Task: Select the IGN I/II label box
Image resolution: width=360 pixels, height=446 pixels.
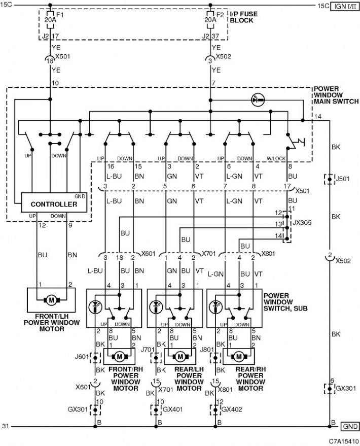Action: (x=345, y=6)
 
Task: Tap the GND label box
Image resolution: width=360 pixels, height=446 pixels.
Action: (x=350, y=426)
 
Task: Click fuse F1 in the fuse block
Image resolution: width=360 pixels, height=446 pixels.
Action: (x=50, y=20)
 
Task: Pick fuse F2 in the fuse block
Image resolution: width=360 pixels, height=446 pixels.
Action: (x=210, y=20)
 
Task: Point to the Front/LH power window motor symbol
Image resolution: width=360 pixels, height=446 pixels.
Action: (x=51, y=300)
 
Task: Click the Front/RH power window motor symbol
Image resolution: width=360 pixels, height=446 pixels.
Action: (x=119, y=356)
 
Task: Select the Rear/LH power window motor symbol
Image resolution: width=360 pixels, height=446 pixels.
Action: (x=180, y=356)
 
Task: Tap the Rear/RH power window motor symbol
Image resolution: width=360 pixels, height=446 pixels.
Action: (x=239, y=356)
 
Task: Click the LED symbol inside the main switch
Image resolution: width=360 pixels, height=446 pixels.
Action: (x=258, y=100)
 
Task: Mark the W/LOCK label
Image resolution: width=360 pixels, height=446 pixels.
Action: (x=276, y=158)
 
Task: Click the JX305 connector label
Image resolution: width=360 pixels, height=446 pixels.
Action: (x=302, y=222)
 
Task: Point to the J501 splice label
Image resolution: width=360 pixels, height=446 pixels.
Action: (x=342, y=179)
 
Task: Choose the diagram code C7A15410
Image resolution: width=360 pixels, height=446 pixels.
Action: (x=343, y=441)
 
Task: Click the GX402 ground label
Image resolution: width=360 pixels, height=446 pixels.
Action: (x=232, y=409)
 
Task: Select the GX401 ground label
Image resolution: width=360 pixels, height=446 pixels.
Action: (x=172, y=409)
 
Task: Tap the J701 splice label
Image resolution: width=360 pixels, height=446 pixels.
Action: (x=148, y=349)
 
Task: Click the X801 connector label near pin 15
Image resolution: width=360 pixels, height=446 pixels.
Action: (x=225, y=389)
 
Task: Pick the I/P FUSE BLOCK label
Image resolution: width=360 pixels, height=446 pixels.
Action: (x=244, y=17)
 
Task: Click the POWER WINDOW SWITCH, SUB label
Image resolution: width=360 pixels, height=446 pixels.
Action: (x=285, y=302)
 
